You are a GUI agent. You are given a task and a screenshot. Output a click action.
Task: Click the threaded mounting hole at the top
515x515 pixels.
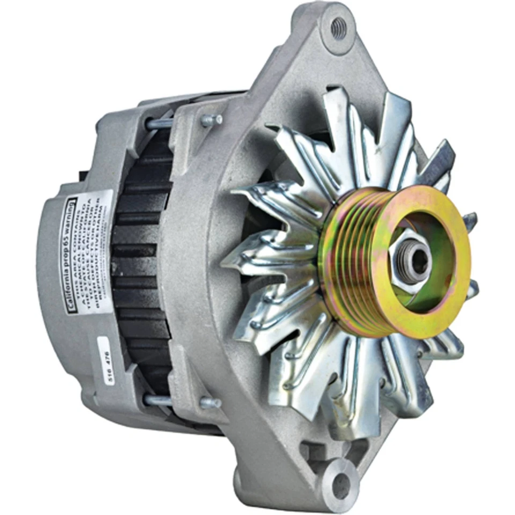[x=339, y=28]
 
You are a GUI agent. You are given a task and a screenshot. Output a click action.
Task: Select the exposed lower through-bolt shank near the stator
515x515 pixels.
[x=158, y=400]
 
